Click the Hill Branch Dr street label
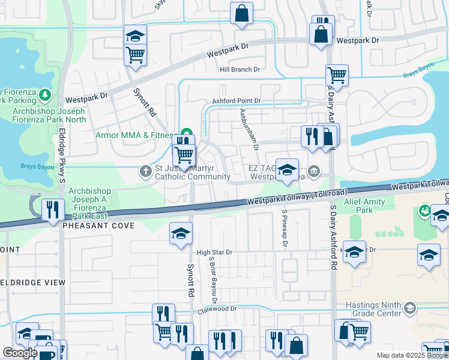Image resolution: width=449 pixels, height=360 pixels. click(x=240, y=70)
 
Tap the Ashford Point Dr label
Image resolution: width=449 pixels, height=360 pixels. click(x=236, y=101)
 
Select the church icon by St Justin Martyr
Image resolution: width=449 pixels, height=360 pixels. click(x=145, y=172)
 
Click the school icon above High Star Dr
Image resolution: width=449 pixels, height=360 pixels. click(x=180, y=234)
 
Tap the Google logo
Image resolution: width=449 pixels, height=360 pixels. click(x=20, y=353)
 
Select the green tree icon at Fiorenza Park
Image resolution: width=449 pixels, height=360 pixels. click(x=44, y=94)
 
